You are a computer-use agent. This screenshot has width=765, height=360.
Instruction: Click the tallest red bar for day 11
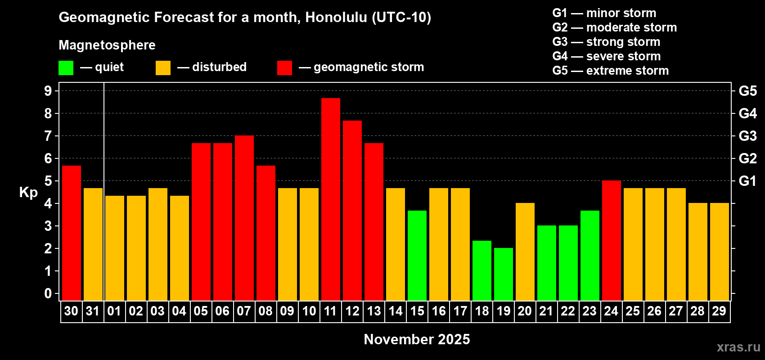[x=331, y=199]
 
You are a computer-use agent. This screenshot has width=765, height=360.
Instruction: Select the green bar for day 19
[x=504, y=274]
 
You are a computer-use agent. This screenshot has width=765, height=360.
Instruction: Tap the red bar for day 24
[x=611, y=240]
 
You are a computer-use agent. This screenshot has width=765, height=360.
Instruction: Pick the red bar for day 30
[x=72, y=233]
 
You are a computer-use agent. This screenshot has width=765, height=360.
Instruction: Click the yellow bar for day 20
[x=525, y=252]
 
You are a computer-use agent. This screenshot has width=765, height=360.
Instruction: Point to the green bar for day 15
[x=417, y=256]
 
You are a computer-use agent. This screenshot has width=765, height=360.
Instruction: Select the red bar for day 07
[x=244, y=218]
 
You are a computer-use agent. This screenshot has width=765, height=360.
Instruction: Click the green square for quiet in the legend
[x=66, y=67]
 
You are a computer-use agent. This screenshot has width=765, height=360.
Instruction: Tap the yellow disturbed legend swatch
[x=163, y=67]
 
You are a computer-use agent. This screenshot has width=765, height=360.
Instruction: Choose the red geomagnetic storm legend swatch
[x=284, y=67]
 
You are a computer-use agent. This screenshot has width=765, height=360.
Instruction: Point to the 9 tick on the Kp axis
[x=48, y=91]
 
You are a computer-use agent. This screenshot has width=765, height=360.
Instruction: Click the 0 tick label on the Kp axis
[x=48, y=293]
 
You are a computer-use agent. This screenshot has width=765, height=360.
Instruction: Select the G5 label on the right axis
[x=748, y=91]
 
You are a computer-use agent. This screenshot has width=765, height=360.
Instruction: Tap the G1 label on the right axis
[x=748, y=181]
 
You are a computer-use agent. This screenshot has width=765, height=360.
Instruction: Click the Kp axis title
[x=28, y=193]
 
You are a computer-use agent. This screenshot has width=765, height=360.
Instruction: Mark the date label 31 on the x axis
[x=93, y=311]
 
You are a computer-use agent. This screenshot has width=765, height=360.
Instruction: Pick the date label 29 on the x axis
[x=719, y=311]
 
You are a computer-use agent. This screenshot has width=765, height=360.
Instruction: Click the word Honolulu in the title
[x=336, y=18]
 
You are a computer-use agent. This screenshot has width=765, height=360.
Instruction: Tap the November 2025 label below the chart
[x=417, y=339]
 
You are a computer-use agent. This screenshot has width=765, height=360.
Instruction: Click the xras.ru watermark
[x=738, y=347]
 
